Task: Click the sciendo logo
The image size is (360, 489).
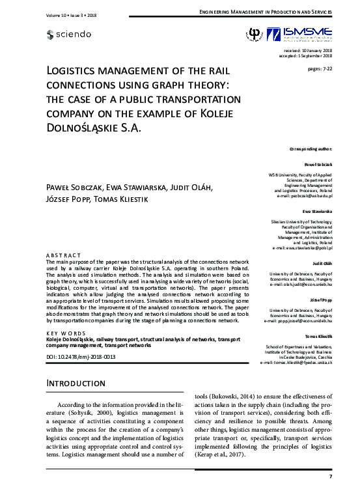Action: tap(70, 34)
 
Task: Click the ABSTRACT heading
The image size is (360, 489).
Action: tap(64, 254)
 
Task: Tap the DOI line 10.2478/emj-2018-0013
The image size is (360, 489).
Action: tap(81, 357)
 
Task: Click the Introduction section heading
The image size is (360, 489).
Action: tap(76, 384)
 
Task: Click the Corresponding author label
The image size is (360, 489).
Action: tap(311, 149)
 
